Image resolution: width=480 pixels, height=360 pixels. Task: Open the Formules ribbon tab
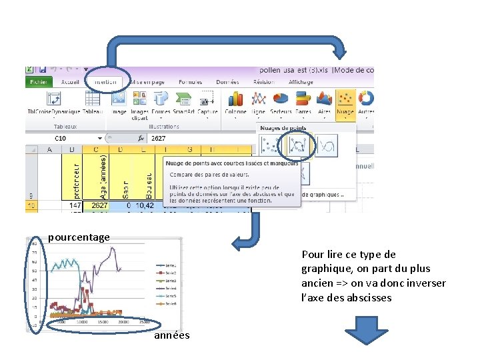(190, 82)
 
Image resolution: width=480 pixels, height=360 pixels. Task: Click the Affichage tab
(301, 82)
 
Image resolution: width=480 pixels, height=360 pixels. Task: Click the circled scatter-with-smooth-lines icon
(297, 145)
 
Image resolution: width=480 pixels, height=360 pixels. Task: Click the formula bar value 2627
(159, 138)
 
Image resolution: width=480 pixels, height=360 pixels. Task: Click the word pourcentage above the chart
(79, 237)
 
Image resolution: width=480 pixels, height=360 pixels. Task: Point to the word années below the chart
(171, 335)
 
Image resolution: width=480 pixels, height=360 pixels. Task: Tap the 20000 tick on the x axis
(123, 322)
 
